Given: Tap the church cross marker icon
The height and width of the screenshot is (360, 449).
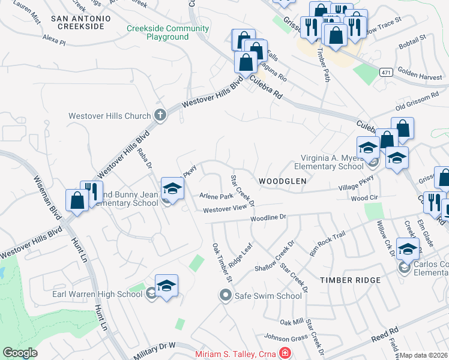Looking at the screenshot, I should click(x=160, y=115).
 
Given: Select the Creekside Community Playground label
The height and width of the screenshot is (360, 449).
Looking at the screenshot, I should click(x=158, y=32).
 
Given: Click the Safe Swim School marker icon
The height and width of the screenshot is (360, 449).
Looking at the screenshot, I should click(x=225, y=295).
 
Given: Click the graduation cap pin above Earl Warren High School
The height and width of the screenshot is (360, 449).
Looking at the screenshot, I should click(x=166, y=285).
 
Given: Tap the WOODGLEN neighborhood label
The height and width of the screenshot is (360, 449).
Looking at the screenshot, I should click(x=282, y=181).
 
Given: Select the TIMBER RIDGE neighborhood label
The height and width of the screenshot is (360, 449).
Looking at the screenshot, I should click(x=350, y=280).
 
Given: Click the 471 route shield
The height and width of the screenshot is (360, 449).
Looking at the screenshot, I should click(x=387, y=72).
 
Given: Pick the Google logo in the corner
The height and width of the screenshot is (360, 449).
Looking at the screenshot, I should click(x=20, y=353).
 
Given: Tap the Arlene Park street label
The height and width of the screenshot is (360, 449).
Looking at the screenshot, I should click(x=216, y=196).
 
